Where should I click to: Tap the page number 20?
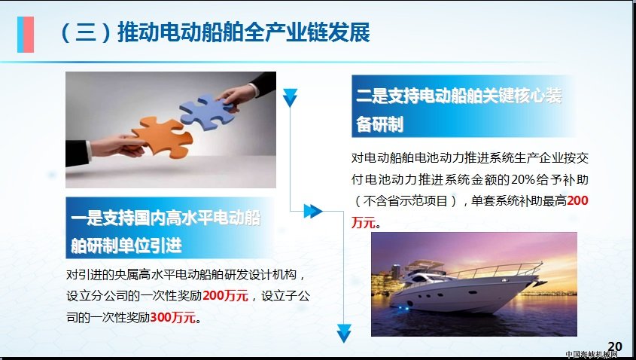(x=615, y=346)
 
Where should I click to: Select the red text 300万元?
(x=173, y=317)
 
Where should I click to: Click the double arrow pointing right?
(x=312, y=211)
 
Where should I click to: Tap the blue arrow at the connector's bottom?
(x=344, y=334)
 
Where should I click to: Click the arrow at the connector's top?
(x=290, y=98)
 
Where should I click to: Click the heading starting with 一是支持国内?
(x=166, y=231)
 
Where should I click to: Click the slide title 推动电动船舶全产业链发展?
(x=244, y=33)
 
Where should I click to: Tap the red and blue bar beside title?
(x=26, y=35)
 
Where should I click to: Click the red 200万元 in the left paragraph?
(x=225, y=295)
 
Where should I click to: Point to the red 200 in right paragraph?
(x=577, y=200)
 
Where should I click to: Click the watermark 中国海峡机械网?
(x=591, y=355)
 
